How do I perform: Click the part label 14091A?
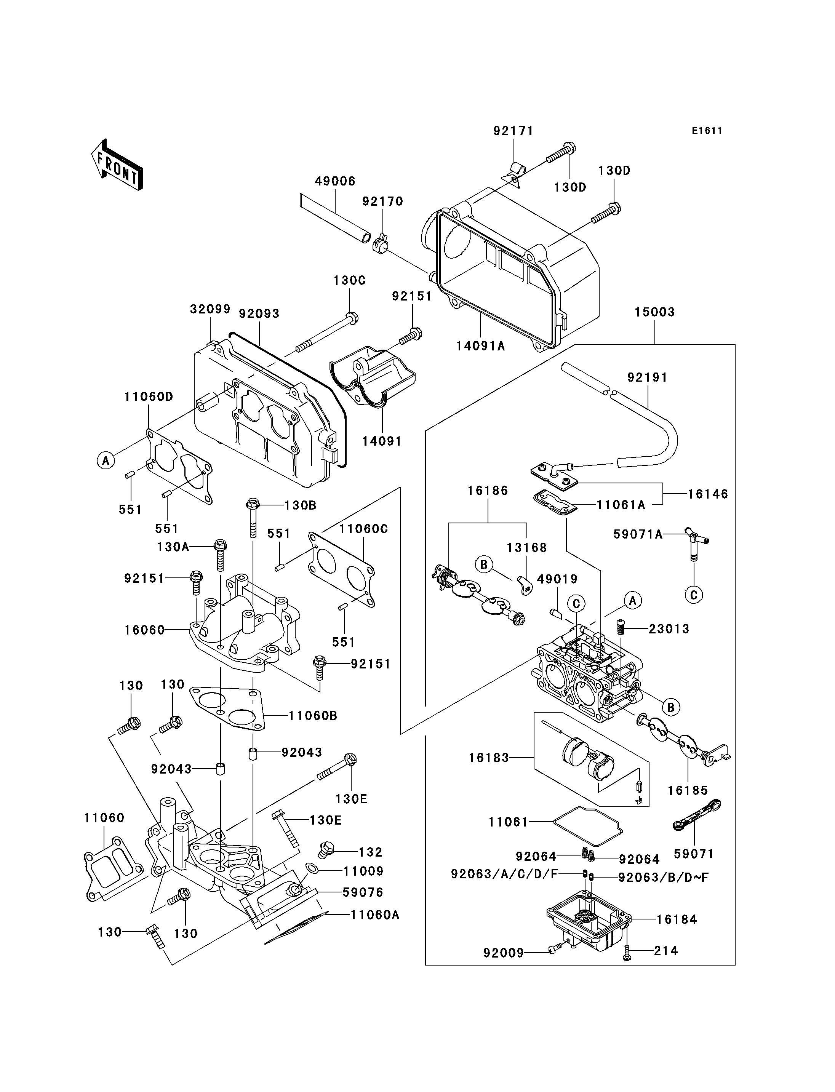click(481, 346)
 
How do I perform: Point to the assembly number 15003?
click(654, 312)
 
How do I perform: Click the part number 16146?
click(708, 494)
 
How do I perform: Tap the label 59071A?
click(638, 534)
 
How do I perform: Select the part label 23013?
click(669, 629)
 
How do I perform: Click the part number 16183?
click(489, 758)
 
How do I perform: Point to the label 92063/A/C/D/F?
click(504, 874)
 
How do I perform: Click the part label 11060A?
click(375, 915)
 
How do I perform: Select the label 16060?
click(145, 630)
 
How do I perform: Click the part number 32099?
click(210, 309)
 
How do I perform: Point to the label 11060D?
click(149, 397)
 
